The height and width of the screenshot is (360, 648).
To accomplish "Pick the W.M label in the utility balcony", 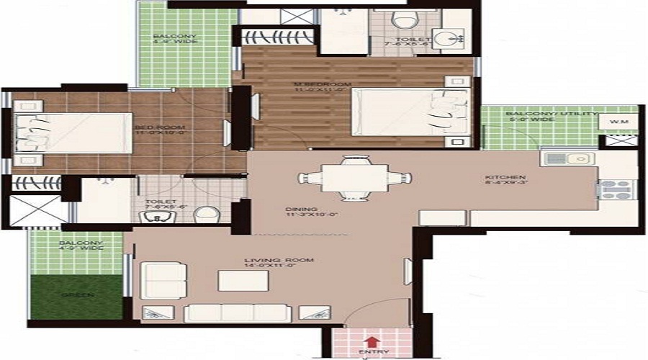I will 619,122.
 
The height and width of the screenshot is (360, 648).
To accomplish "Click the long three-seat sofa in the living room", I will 238,312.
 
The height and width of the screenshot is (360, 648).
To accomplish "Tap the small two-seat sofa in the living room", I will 156,280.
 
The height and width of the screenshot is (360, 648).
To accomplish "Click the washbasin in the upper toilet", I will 452,37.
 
